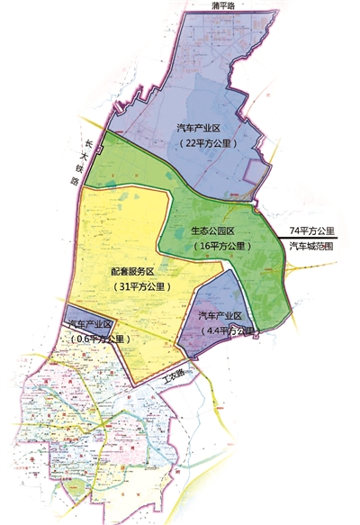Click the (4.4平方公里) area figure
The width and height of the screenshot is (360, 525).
(x=221, y=330)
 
